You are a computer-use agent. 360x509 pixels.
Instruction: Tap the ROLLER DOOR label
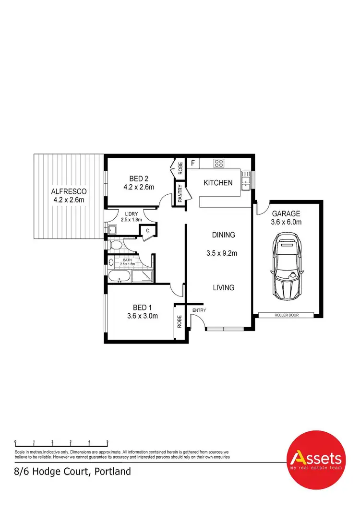(286, 315)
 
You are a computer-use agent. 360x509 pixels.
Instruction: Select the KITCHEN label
(218, 183)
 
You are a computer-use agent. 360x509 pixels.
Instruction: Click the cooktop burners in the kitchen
(219, 163)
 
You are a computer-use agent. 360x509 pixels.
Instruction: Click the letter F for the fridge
(192, 163)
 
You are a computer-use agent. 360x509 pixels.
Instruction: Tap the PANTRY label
(180, 195)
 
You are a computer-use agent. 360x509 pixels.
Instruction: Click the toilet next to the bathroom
(116, 246)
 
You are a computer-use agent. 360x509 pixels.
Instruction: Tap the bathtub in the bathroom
(120, 277)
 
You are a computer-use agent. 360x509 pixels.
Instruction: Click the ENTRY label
(199, 310)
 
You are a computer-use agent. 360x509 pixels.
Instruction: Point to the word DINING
(224, 235)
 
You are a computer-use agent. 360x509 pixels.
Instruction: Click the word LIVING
(224, 288)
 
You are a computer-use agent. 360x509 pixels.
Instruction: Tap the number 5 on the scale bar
(108, 441)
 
